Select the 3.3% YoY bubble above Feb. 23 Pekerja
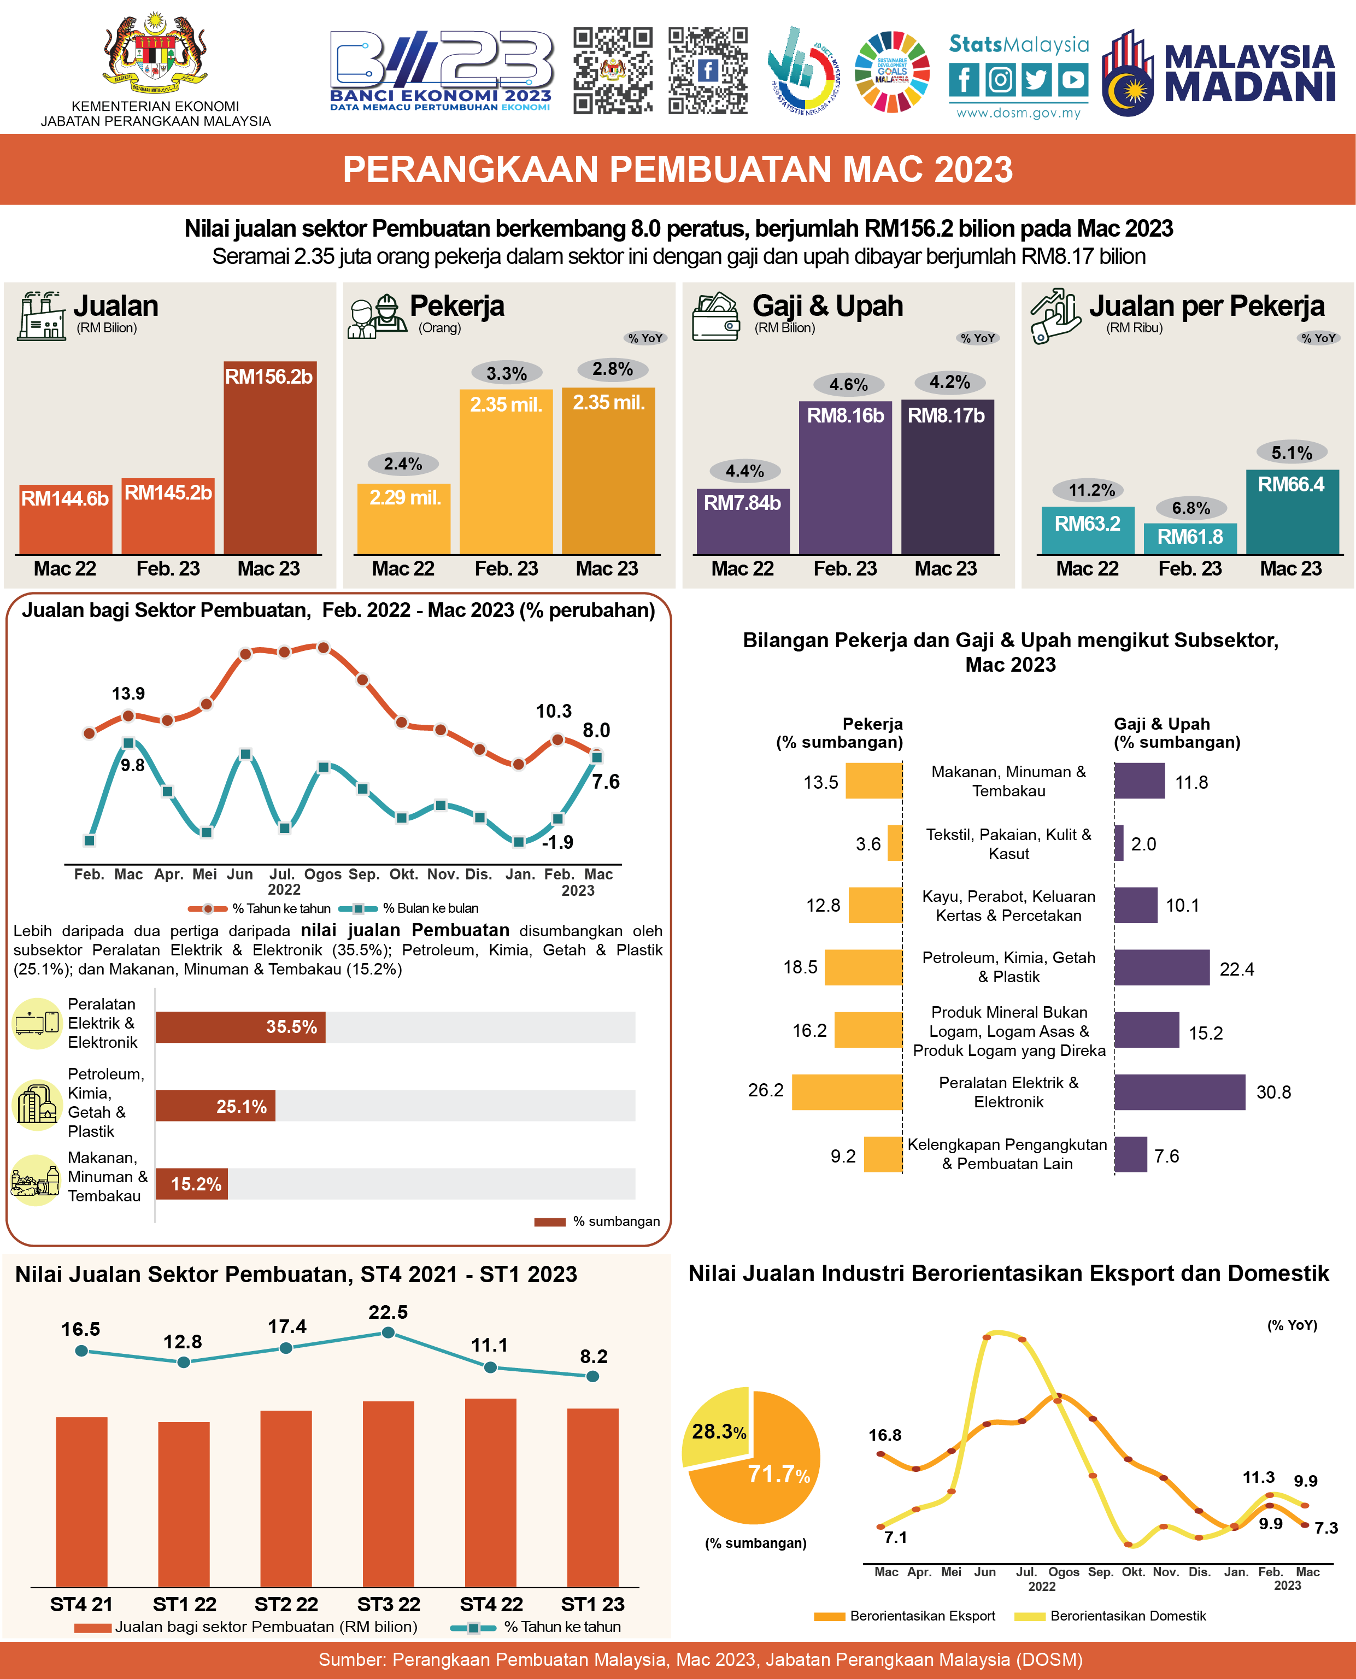(x=506, y=373)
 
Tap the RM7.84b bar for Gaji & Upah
(x=742, y=521)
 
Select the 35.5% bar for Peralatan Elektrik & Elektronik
(x=240, y=1027)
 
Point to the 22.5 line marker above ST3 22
(x=388, y=1332)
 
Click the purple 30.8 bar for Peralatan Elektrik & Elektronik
(x=1179, y=1092)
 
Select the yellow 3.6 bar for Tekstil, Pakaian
(x=895, y=843)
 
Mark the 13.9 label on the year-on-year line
(x=128, y=694)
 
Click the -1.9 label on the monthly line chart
(x=557, y=842)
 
